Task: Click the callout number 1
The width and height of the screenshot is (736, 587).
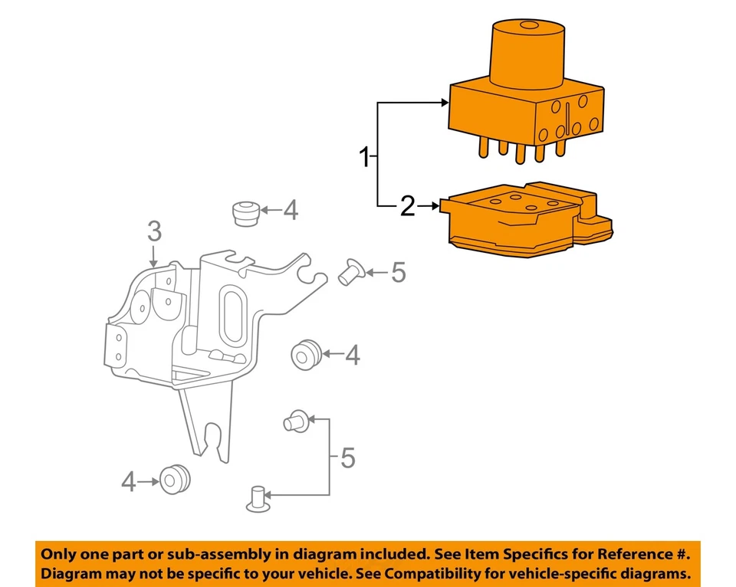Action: pos(366,159)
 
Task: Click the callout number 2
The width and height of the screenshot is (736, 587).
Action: pos(407,205)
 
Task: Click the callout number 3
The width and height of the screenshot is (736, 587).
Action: pos(154,230)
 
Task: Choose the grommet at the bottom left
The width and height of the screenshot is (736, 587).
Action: pos(174,479)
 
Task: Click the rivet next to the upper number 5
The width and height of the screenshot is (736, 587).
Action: pos(350,271)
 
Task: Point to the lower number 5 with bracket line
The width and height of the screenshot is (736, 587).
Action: pos(347,458)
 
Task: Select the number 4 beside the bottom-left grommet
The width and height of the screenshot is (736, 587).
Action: pos(129,481)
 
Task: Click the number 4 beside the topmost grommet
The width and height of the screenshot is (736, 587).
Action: pos(290,210)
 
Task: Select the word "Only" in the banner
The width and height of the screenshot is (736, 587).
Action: pos(60,554)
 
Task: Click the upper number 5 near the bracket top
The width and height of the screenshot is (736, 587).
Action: pos(397,272)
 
